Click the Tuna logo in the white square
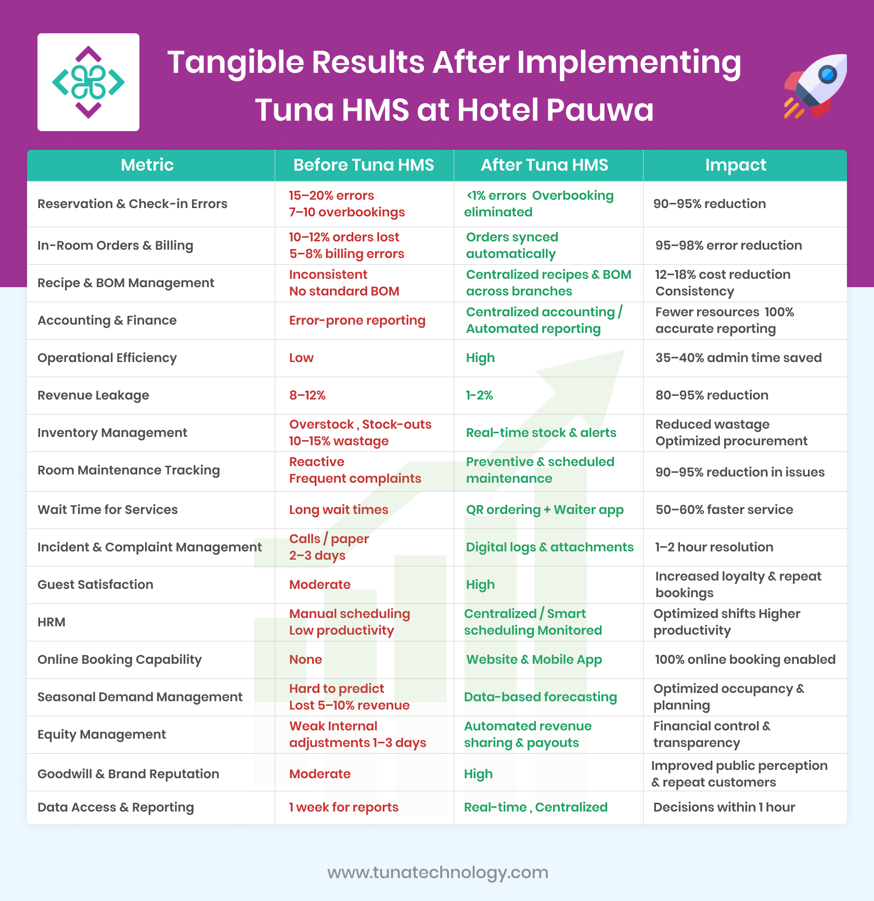tap(88, 82)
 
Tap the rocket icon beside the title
tap(815, 86)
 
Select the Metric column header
tap(147, 165)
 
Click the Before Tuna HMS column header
tap(364, 165)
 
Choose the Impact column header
tap(736, 165)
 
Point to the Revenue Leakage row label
tap(93, 395)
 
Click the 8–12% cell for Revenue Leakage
tap(307, 395)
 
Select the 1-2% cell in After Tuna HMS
tap(479, 395)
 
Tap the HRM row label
tap(52, 622)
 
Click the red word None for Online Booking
tap(305, 660)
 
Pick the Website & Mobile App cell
tap(534, 660)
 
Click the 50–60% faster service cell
tap(724, 510)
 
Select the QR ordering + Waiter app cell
tap(545, 510)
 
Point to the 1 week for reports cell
tap(343, 807)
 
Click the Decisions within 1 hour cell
tap(724, 807)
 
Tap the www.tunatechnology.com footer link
tap(438, 872)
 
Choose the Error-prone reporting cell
tap(357, 320)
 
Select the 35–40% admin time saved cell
tap(738, 358)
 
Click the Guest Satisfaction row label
tap(95, 585)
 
